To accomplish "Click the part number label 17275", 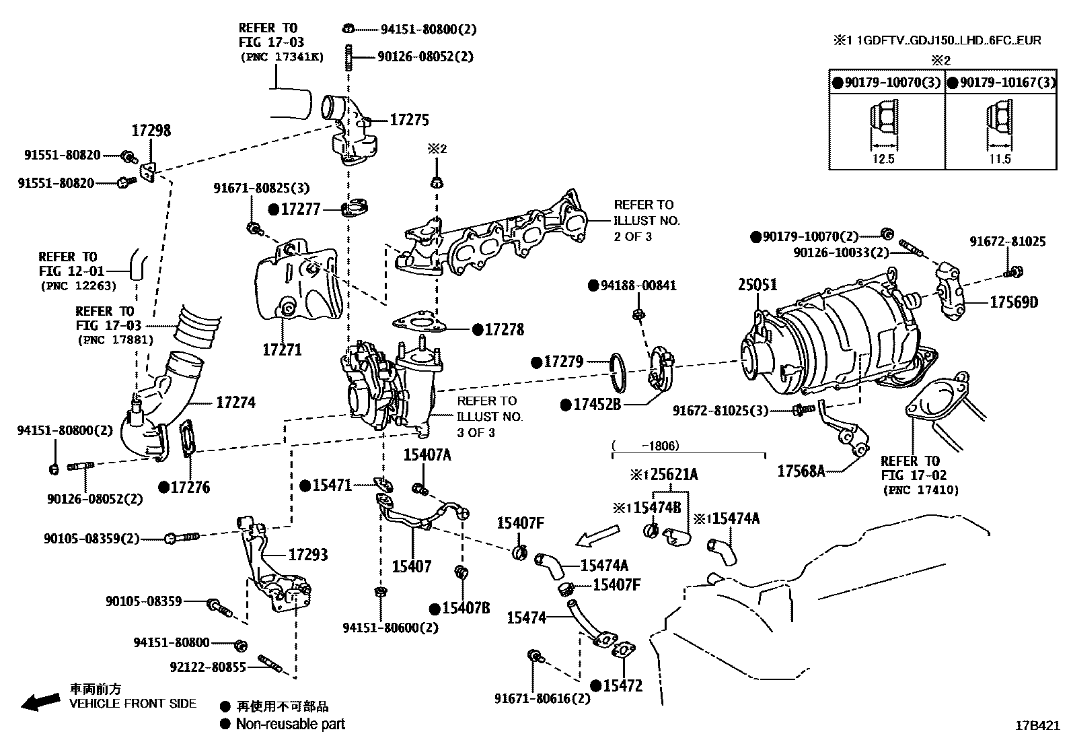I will coord(409,121).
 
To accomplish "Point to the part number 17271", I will coord(282,350).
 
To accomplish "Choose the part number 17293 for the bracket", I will coord(307,556).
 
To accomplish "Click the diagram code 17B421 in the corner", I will coord(1037,727).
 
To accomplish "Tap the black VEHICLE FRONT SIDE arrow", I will coord(39,702).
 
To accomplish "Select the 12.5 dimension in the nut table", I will coord(884,160).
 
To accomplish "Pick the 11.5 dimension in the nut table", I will coord(999,160).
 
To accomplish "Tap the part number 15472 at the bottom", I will coord(622,686).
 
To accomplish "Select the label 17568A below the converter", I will coord(801,471).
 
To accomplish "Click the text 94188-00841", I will coord(637,285).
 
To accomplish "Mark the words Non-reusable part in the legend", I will coord(290,725).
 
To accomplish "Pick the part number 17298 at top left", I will coord(151,131).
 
